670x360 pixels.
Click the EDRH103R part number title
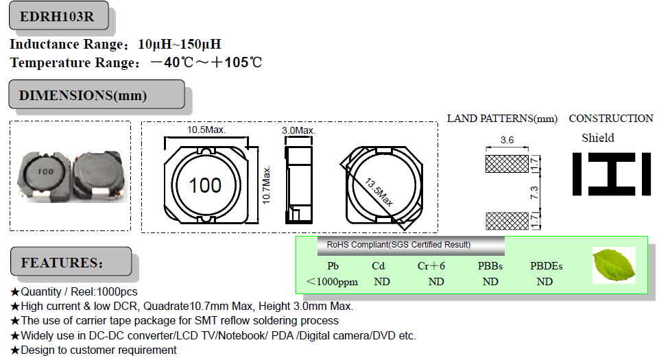pos(58,17)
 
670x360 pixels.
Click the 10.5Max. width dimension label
pos(206,130)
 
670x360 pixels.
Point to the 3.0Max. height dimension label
pos(298,130)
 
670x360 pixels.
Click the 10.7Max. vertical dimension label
pos(267,184)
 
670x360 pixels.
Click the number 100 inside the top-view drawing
pos(205,185)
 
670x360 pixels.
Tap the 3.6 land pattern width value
pos(507,140)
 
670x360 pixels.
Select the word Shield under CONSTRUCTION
pos(598,138)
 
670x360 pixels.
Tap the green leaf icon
pos(613,265)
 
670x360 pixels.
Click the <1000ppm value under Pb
pos(332,282)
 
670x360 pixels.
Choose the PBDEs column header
pos(546,266)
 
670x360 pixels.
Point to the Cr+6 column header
pos(431,266)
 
